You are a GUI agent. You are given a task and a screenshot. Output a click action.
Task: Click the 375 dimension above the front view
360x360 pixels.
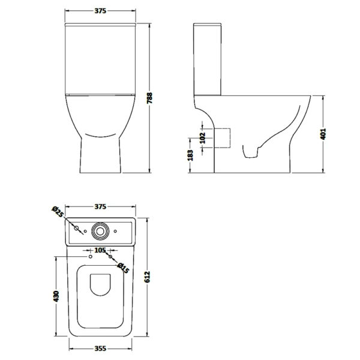pos(100,11)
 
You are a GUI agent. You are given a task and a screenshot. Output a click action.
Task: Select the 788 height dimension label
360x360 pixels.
pos(149,98)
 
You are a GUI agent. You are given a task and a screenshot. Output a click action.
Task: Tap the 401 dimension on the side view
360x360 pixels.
pos(323,134)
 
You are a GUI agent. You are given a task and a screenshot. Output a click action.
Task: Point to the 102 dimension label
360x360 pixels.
pos(203,138)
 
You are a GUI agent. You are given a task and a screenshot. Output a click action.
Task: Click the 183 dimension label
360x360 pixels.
pos(190,155)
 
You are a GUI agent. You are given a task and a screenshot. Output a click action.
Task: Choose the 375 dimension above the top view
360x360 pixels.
pos(100,206)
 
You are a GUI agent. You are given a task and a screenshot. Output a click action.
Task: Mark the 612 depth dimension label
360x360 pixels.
pos(147,277)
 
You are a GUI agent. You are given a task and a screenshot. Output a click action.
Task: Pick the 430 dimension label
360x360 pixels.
pos(56,296)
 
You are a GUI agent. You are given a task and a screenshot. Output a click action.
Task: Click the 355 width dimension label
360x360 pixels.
pos(100,349)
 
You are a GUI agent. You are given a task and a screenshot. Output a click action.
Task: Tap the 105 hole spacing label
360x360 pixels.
pos(100,250)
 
